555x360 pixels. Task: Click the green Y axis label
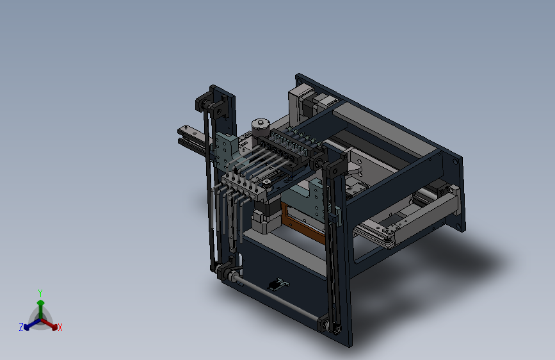click(x=40, y=293)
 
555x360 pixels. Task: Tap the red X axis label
click(x=60, y=328)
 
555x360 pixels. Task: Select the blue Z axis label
click(x=21, y=327)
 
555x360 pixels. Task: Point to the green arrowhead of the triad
click(x=41, y=303)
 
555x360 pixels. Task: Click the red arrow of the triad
click(x=49, y=323)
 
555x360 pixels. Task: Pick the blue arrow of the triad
click(x=33, y=324)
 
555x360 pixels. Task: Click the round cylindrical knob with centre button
click(x=261, y=126)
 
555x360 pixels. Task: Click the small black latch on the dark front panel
click(x=278, y=284)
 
